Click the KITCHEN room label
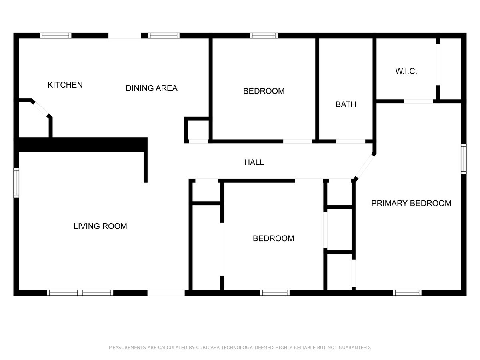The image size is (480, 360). (x=65, y=85)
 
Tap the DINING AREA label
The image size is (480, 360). (x=151, y=88)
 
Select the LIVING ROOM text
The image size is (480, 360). (x=100, y=226)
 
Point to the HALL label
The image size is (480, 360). (x=254, y=162)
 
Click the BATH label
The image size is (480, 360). (x=346, y=105)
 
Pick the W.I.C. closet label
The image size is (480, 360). (x=406, y=72)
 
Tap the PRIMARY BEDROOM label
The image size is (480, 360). (x=411, y=203)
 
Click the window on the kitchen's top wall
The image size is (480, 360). (x=56, y=36)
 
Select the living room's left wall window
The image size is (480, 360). (x=16, y=183)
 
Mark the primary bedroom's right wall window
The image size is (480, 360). (x=464, y=159)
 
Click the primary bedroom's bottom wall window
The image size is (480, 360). (x=407, y=293)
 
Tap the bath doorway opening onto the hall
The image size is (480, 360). (x=350, y=141)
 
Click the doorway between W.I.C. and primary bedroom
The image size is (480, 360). (x=418, y=101)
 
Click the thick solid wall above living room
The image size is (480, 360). (x=82, y=144)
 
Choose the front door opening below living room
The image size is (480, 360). (x=166, y=293)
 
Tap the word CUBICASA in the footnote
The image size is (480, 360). (x=210, y=348)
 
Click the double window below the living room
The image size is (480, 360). (x=80, y=293)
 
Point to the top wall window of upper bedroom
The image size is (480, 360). (x=264, y=36)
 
